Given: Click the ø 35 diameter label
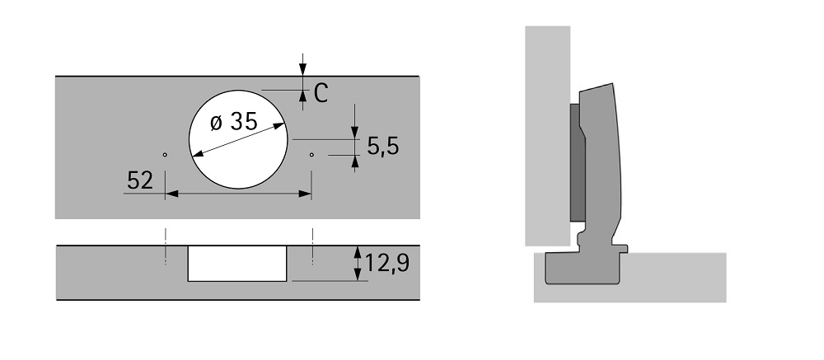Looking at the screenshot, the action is click(x=234, y=122).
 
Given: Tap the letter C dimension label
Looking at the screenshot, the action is click(x=321, y=94).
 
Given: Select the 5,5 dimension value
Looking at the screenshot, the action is click(x=382, y=147).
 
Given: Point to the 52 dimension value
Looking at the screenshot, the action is click(x=140, y=180).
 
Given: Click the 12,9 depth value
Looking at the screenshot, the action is click(x=386, y=263).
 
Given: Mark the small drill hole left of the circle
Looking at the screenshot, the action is click(x=165, y=155).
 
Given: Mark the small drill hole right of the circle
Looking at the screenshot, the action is click(x=311, y=155).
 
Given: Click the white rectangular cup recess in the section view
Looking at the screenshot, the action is click(x=237, y=264).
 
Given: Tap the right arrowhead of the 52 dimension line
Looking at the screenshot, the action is click(x=305, y=194).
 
